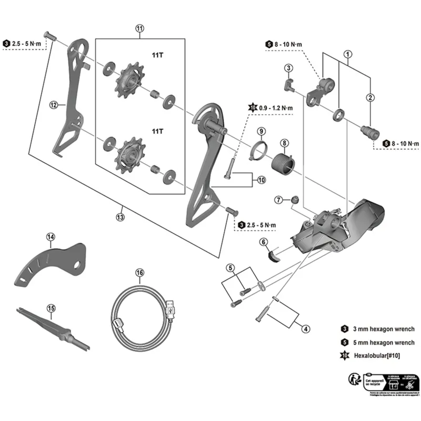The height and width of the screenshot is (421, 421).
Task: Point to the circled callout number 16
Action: [139, 273]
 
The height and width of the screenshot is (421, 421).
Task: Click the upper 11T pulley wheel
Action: [127, 80]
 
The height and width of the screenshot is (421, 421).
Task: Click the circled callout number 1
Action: [347, 54]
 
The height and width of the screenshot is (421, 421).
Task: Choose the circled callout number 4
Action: [305, 329]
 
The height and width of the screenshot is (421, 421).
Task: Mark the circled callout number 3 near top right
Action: [288, 67]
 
